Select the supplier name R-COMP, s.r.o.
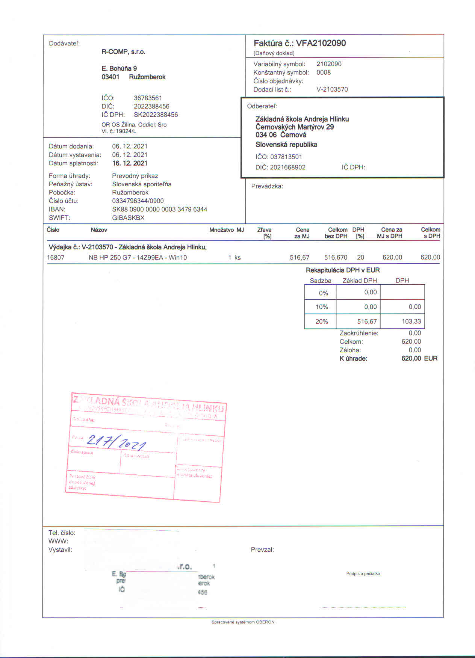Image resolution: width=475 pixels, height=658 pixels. click(x=123, y=52)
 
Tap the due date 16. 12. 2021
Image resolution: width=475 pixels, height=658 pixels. click(x=130, y=163)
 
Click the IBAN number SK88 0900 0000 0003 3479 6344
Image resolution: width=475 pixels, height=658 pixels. click(x=160, y=209)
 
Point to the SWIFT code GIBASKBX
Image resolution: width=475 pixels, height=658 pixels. click(x=128, y=218)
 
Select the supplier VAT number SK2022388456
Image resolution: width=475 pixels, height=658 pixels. click(x=156, y=115)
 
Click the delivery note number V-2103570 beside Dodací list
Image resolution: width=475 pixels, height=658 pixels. click(x=332, y=89)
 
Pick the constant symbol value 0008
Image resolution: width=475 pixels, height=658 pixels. click(x=324, y=72)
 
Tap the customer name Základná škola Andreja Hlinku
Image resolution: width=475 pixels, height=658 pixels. click(x=302, y=119)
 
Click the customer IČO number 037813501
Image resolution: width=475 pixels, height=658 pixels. click(x=286, y=157)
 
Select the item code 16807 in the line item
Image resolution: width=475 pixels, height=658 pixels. click(x=56, y=258)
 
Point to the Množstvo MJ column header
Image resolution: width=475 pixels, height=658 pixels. click(x=227, y=230)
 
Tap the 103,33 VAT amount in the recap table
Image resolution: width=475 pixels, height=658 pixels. click(x=411, y=321)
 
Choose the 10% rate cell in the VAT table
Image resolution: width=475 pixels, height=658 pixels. click(x=322, y=307)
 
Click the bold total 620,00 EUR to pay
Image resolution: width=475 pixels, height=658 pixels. click(x=419, y=358)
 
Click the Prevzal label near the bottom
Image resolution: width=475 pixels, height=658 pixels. click(x=262, y=550)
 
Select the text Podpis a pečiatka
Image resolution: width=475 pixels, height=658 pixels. click(x=363, y=573)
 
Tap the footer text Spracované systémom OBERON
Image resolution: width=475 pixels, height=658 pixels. click(x=243, y=622)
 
